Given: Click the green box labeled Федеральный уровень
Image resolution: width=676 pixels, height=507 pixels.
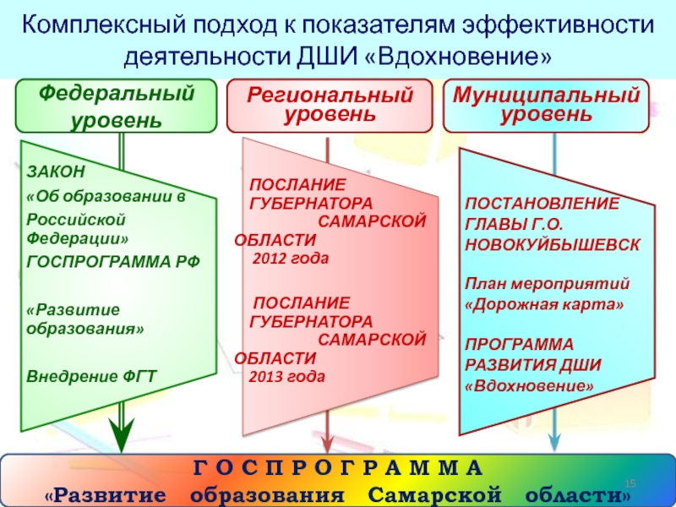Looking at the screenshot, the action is tap(117, 106).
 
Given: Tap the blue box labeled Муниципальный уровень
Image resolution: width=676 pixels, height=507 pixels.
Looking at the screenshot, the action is tap(546, 105).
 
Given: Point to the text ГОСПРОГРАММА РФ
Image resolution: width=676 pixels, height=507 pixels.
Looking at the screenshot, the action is tap(113, 262).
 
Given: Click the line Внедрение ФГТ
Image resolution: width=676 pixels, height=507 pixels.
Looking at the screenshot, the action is tap(91, 375).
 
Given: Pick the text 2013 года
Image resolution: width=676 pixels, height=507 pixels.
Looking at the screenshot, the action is tap(287, 376).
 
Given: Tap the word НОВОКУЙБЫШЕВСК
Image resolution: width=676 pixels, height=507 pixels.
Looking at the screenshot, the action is tap(552, 243).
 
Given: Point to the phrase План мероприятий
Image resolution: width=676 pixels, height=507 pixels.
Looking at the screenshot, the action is tap(546, 282).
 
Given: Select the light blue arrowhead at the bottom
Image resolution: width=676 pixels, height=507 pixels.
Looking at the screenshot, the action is tap(553, 440).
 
